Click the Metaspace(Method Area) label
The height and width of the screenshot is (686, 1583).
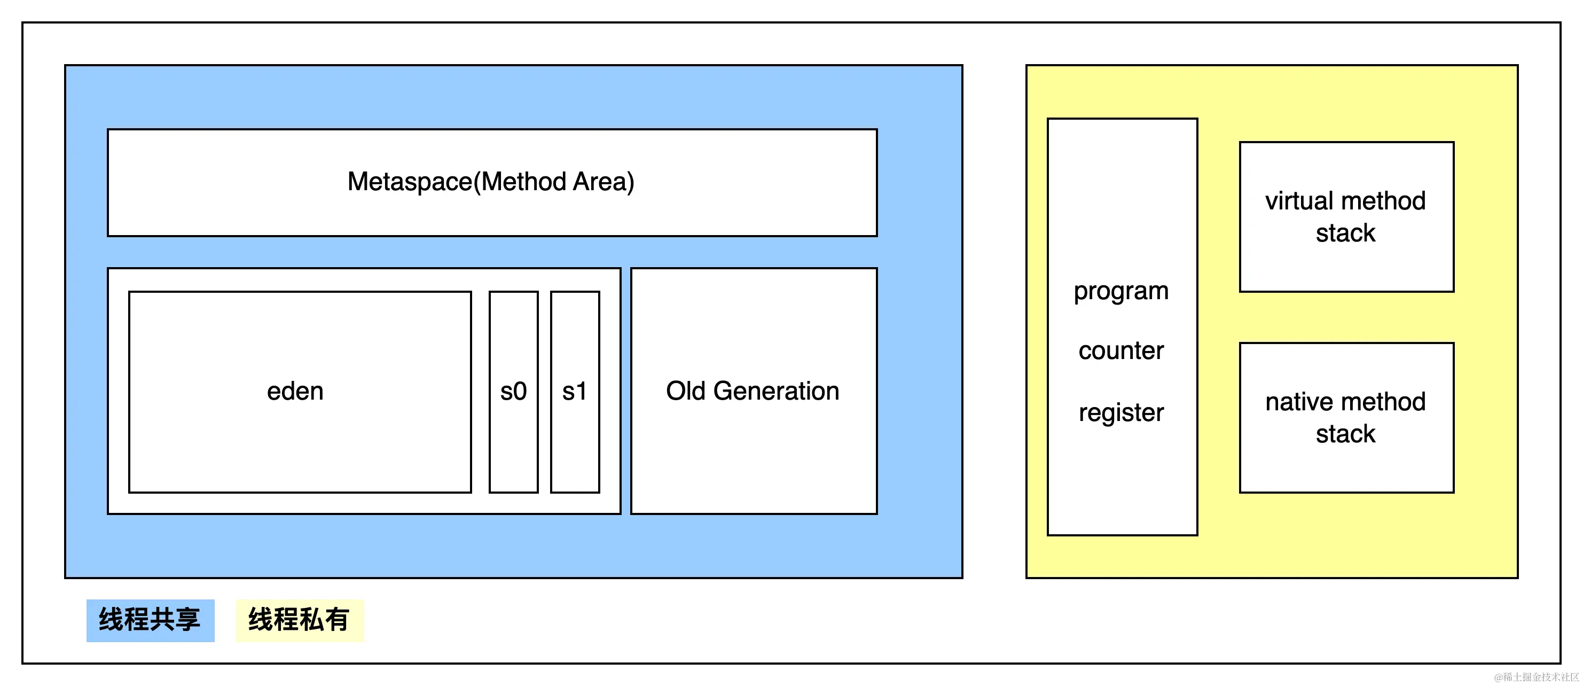[490, 182]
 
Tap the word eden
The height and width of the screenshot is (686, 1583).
[295, 392]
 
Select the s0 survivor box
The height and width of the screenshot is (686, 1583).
[514, 392]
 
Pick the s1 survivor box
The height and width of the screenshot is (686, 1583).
[575, 392]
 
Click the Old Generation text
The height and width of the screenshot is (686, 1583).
[753, 391]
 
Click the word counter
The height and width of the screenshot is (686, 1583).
[1122, 351]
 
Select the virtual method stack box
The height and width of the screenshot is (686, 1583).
[1346, 217]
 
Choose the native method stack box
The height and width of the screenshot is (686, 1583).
[1346, 418]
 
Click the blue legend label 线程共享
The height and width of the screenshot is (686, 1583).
[150, 620]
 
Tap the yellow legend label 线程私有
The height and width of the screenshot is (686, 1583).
[299, 620]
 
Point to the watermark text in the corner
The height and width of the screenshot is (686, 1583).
[1537, 677]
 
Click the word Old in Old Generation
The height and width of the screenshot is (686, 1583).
[686, 391]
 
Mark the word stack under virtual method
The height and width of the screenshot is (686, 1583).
[1346, 233]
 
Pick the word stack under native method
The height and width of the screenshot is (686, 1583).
[1346, 434]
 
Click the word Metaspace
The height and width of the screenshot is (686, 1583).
[410, 182]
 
